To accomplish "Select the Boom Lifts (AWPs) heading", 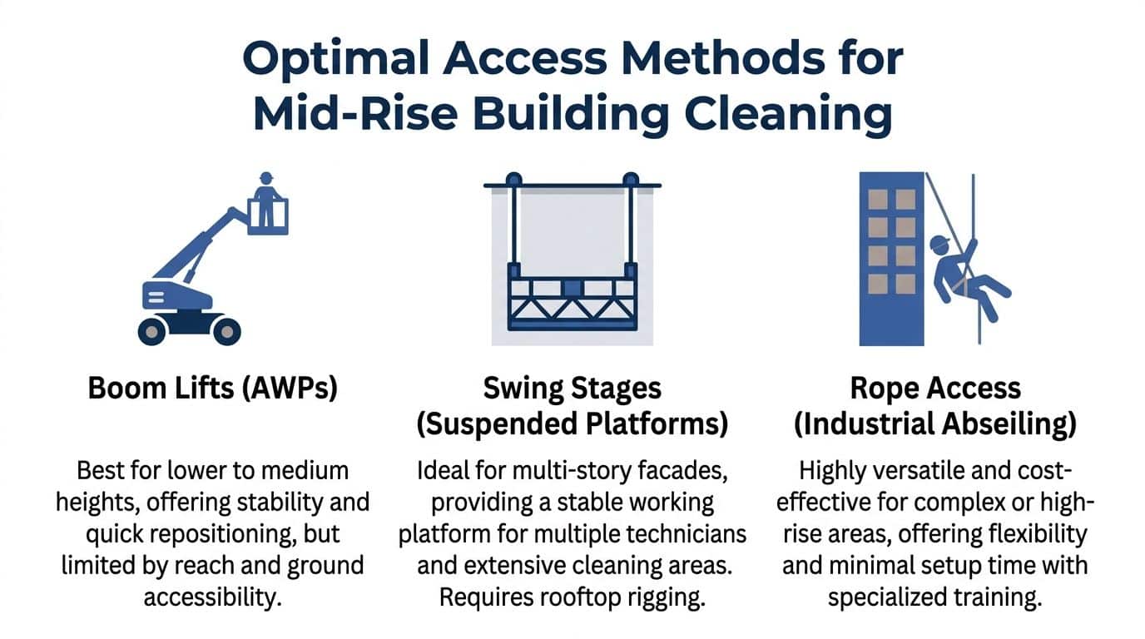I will (x=213, y=389).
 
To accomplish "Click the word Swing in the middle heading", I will (x=522, y=389).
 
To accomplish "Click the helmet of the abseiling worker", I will (x=939, y=242).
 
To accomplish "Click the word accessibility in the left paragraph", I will (x=214, y=597).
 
